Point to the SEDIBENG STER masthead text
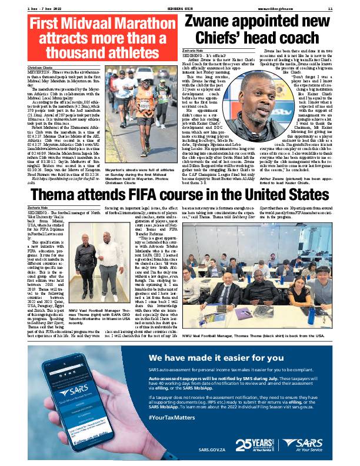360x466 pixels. [179, 7]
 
